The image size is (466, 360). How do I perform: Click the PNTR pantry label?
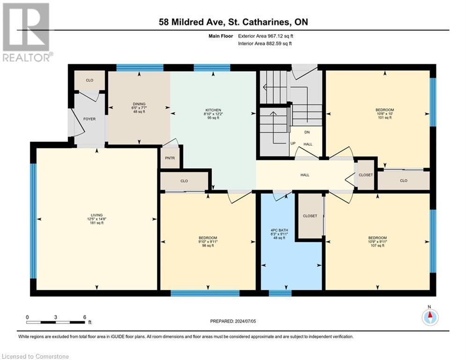[170, 158]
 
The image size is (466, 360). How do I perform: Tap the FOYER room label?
[89, 119]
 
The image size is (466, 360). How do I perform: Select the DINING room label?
[139, 104]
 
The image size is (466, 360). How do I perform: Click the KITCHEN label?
[213, 110]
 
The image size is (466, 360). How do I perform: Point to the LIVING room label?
[96, 215]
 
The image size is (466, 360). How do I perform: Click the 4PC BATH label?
[279, 230]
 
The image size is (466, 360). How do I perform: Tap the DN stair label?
[307, 132]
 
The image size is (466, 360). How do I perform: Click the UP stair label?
[293, 143]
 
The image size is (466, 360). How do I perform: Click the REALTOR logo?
[26, 32]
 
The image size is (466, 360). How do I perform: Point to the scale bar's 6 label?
[84, 317]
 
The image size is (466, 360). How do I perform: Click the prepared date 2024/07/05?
[245, 321]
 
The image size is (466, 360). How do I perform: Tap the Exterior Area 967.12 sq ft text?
[266, 36]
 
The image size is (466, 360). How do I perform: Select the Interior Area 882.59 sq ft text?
[265, 44]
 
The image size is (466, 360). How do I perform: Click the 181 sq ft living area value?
[96, 223]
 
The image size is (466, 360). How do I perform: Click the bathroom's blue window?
[280, 293]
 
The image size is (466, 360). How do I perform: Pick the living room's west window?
[33, 221]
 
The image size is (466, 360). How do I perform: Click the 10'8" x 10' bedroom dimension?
[385, 113]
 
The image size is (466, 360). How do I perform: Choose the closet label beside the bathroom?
[310, 216]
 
